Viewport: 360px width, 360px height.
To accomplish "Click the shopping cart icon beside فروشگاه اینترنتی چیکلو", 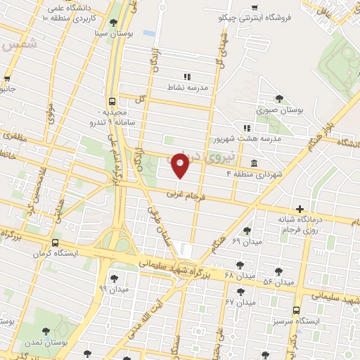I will [x=254, y=9].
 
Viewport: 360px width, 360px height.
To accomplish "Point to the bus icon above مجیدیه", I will [x=112, y=101].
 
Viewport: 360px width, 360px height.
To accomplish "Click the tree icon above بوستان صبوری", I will [x=280, y=98].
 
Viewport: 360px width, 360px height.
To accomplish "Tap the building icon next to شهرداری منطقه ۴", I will [x=252, y=163].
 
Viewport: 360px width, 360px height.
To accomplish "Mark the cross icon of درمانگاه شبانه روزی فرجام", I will [x=300, y=209].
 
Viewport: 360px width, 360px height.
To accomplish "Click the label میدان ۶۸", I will [x=219, y=274].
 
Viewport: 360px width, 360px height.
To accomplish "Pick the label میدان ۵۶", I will [x=277, y=281].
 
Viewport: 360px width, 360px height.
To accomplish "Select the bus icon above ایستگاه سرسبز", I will [x=296, y=309].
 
